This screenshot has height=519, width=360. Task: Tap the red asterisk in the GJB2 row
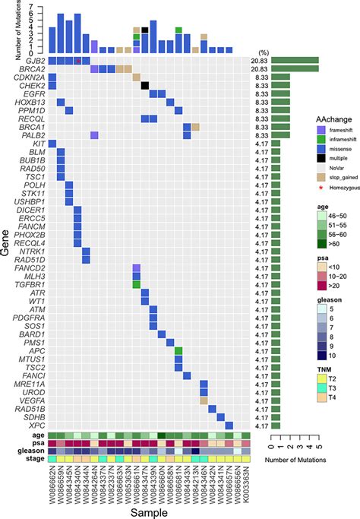click(77, 60)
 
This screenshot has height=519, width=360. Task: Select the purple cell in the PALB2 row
click(94, 135)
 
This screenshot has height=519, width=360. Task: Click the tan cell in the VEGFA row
click(204, 400)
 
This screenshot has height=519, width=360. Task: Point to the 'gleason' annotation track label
click(33, 451)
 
